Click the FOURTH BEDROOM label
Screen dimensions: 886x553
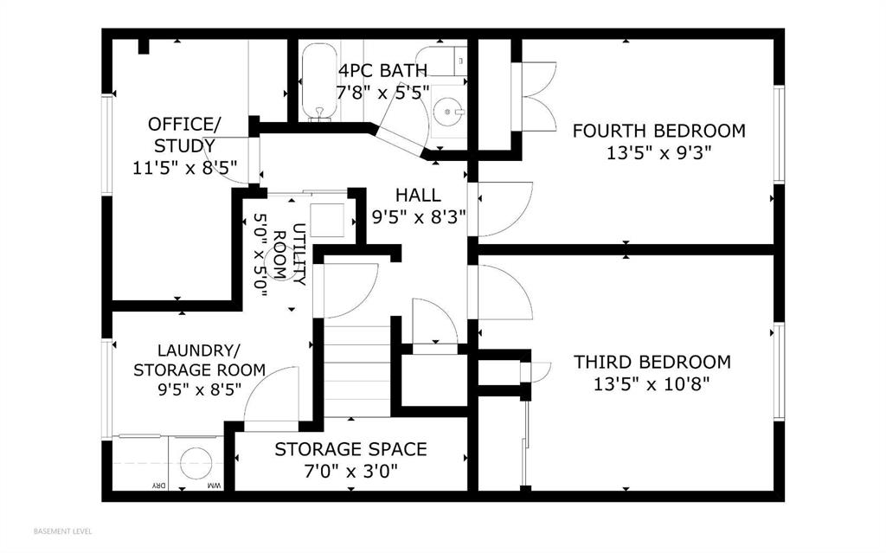(x=658, y=131)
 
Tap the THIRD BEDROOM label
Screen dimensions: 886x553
(x=652, y=362)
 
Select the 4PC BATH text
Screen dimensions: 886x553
(x=382, y=71)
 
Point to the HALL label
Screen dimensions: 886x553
(x=418, y=195)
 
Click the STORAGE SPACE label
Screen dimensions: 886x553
(x=350, y=449)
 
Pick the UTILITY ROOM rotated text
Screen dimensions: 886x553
(x=290, y=254)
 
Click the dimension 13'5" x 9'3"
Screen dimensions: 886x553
(x=658, y=152)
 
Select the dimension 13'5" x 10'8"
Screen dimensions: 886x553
(x=652, y=384)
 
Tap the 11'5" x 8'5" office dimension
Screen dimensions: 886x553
(x=185, y=168)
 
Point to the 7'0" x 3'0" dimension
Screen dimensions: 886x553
(x=351, y=471)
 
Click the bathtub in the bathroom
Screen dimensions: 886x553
(x=319, y=82)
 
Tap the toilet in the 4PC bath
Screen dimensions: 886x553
(x=442, y=61)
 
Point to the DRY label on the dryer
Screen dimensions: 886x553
(x=160, y=485)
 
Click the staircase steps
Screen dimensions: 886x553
(x=357, y=368)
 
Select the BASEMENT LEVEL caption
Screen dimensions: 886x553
(x=62, y=531)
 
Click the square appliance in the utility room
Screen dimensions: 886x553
(x=327, y=220)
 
